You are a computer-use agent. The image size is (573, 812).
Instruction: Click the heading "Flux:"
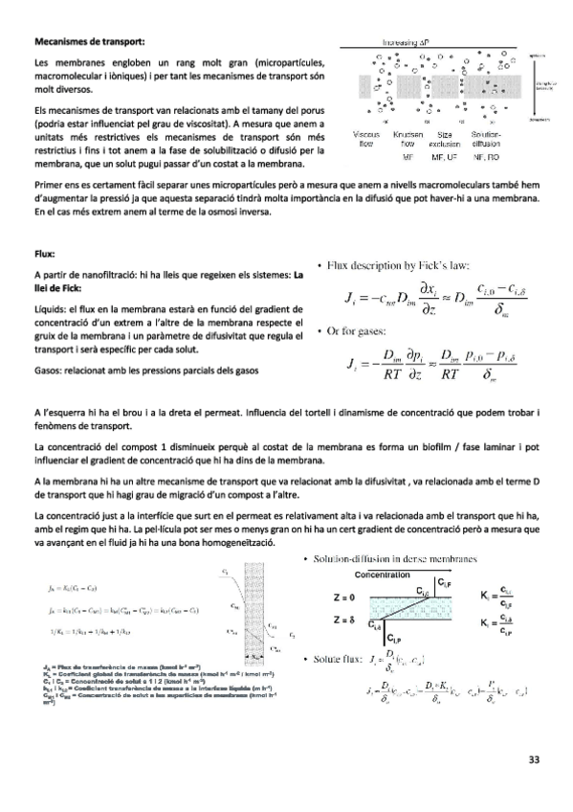point(46,254)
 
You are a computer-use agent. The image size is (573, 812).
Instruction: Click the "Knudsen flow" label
point(408,139)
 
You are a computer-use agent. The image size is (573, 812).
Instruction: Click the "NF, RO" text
point(488,155)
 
